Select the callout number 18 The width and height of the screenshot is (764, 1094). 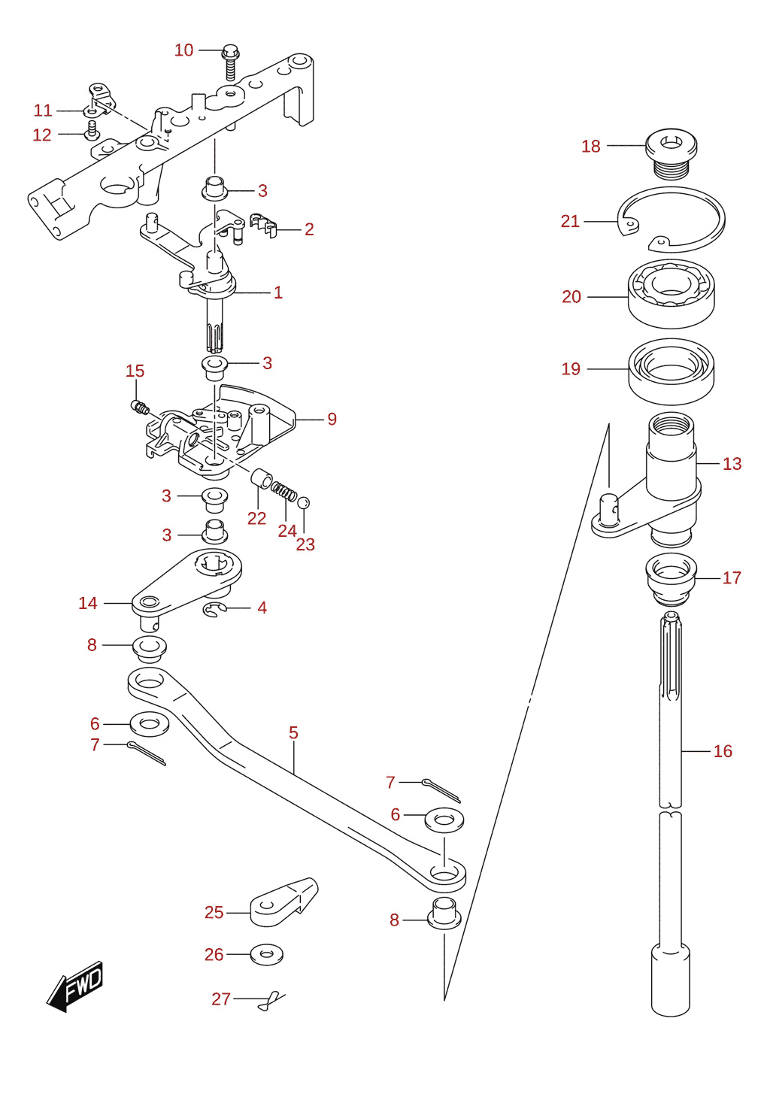click(590, 146)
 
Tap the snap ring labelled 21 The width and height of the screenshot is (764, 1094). click(672, 218)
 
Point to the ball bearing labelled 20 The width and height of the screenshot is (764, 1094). click(672, 294)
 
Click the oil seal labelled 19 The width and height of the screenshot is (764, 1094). click(672, 371)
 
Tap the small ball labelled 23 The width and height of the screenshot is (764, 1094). click(303, 502)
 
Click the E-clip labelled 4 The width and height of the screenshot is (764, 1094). click(214, 610)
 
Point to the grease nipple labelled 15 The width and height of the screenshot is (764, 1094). click(140, 407)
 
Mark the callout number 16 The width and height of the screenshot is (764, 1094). click(723, 751)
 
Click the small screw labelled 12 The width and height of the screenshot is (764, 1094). click(91, 131)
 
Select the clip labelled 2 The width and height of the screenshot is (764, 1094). click(262, 225)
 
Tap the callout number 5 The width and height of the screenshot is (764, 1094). click(293, 732)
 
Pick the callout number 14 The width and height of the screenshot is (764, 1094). click(88, 603)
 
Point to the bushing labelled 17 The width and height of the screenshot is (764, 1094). click(672, 580)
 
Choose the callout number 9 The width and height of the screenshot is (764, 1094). click(332, 419)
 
